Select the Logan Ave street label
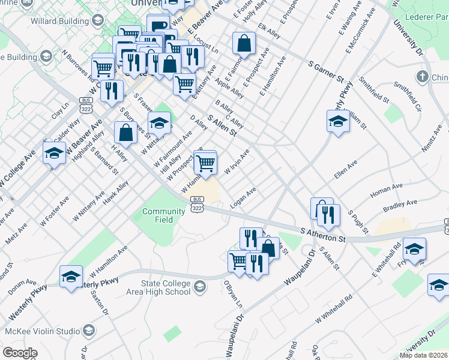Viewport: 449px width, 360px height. point(244,198)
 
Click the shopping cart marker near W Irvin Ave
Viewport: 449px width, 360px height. point(206,163)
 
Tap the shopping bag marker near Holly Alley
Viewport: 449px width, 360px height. point(244,43)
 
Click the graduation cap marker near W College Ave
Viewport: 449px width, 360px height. point(54,154)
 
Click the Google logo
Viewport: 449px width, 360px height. point(20,352)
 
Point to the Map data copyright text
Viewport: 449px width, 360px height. point(423,355)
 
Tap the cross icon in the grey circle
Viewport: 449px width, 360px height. point(423,77)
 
